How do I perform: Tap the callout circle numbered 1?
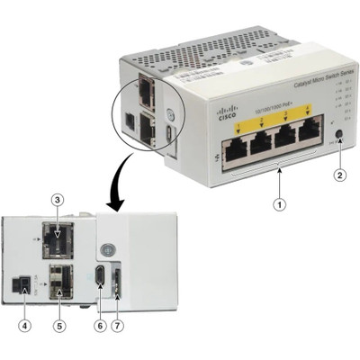(x=283, y=205)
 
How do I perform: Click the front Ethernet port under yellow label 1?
(x=235, y=150)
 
